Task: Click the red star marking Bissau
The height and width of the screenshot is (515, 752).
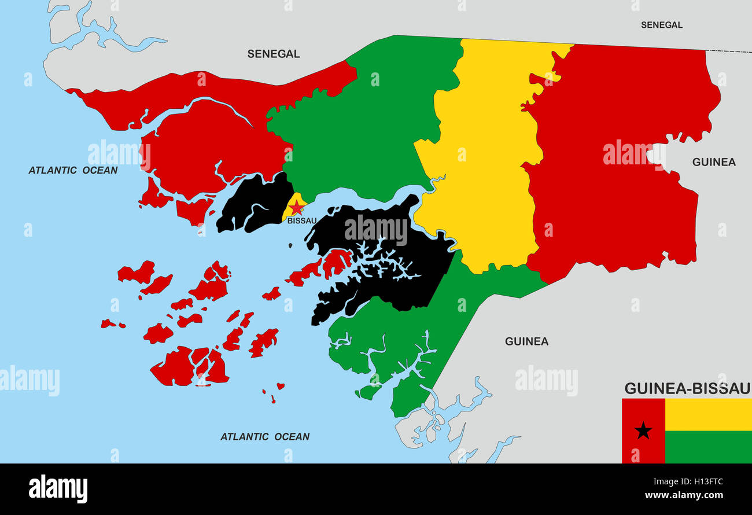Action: click(296, 207)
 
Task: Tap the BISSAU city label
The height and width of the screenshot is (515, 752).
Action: click(302, 221)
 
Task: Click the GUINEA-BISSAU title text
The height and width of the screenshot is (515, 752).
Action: click(687, 388)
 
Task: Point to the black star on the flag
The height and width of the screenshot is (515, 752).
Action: click(643, 431)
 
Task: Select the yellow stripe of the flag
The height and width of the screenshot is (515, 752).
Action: click(708, 414)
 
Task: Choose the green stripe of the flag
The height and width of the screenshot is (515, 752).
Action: click(708, 447)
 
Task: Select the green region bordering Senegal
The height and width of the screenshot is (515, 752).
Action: click(370, 127)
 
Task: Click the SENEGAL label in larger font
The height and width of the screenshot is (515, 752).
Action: click(274, 54)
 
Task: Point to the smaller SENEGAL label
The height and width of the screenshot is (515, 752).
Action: click(661, 25)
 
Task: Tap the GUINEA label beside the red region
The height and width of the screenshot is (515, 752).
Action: click(714, 162)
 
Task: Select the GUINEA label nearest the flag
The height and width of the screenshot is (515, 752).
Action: click(526, 341)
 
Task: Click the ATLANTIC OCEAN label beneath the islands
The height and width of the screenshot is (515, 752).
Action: click(265, 437)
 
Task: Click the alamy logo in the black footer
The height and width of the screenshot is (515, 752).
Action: click(58, 489)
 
